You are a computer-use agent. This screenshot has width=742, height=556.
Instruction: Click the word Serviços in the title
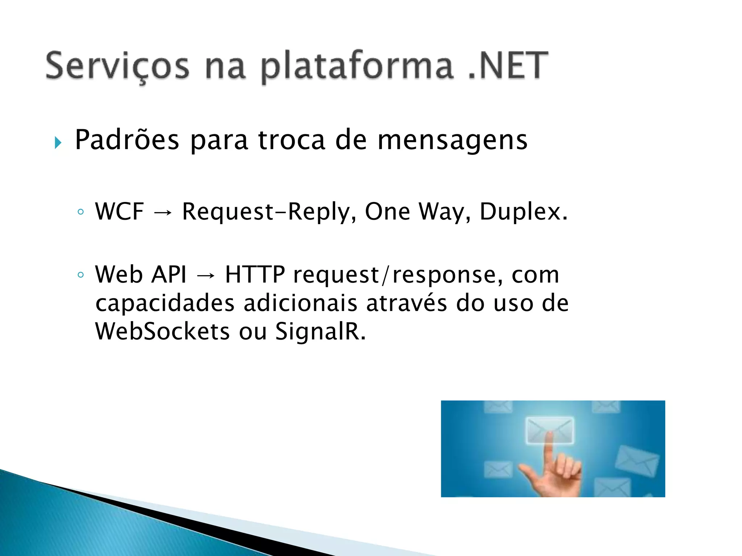pos(117,66)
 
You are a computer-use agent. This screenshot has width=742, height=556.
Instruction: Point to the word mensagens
pos(452,140)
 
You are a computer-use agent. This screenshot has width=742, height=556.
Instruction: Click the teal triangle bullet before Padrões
pos(58,143)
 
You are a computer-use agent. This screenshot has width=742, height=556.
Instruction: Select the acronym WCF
pos(120,211)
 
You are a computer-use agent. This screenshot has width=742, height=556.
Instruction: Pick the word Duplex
pos(523,211)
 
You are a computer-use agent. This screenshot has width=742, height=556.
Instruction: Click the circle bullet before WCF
pos(81,212)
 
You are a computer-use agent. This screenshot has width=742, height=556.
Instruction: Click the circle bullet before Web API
pos(81,275)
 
